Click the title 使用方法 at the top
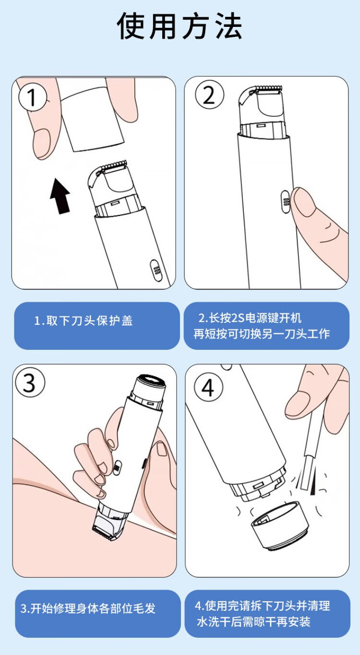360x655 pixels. [x=180, y=26]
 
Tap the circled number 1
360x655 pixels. [x=32, y=97]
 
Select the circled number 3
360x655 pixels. [x=30, y=383]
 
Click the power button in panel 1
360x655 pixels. [x=156, y=271]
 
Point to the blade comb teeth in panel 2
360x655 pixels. [x=268, y=87]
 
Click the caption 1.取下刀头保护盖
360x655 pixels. [x=84, y=321]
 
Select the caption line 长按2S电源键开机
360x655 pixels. [x=250, y=318]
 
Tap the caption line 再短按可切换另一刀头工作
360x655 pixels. [x=262, y=333]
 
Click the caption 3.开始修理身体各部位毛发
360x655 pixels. [x=88, y=608]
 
